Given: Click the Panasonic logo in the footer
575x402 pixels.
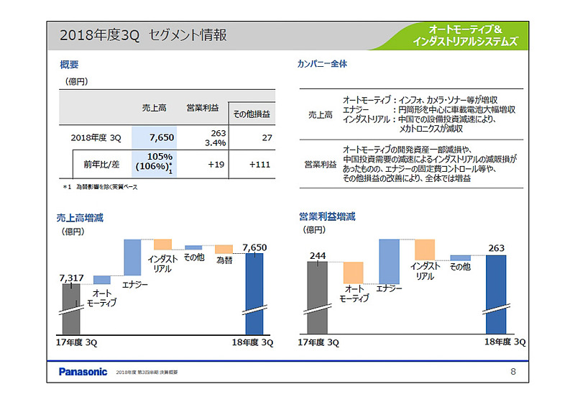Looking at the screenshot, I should click(x=83, y=372).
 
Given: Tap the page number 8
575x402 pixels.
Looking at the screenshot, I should click(x=512, y=372).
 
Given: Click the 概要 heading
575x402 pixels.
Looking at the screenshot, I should click(x=70, y=65).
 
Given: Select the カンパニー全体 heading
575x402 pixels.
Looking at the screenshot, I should click(x=322, y=65).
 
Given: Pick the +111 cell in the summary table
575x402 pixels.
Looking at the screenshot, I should click(x=259, y=165).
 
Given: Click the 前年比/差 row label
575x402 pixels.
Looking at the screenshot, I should click(x=101, y=165).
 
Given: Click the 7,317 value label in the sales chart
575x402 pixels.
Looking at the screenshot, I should click(x=72, y=276).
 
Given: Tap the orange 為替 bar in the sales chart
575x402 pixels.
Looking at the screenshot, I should click(x=224, y=249).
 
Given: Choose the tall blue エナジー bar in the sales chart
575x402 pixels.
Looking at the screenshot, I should click(x=132, y=257).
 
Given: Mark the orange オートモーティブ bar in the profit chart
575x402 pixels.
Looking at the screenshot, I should click(x=353, y=273).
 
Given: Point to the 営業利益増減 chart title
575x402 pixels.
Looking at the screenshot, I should click(x=327, y=217).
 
